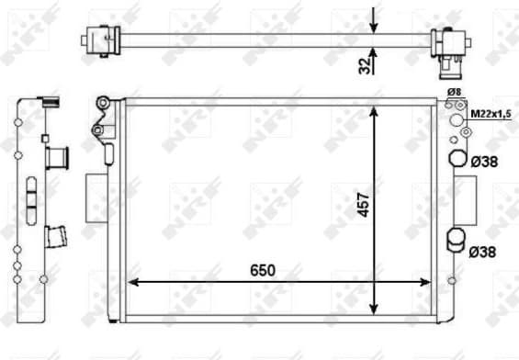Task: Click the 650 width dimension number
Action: tap(262, 271)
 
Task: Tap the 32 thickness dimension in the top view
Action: tap(364, 63)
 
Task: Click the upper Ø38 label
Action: tap(483, 162)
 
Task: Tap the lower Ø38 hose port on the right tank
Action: tap(457, 242)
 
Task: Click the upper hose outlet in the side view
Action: tap(58, 157)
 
